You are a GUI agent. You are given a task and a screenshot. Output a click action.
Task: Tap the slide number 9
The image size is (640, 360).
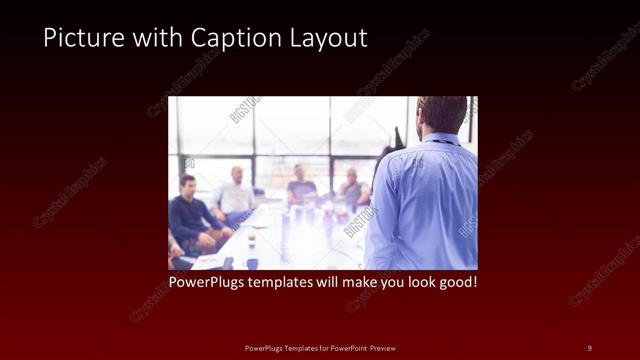pyautogui.click(x=590, y=348)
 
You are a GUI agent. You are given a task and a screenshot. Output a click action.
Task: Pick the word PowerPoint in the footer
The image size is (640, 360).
pyautogui.click(x=344, y=348)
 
